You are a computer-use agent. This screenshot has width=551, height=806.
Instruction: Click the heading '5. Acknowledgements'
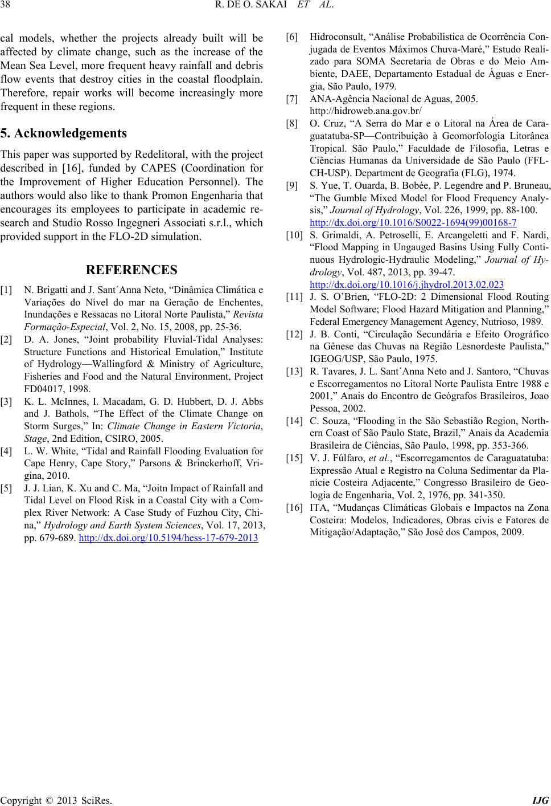[63, 134]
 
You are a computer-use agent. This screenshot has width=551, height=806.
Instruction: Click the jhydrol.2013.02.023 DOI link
[406, 284]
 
